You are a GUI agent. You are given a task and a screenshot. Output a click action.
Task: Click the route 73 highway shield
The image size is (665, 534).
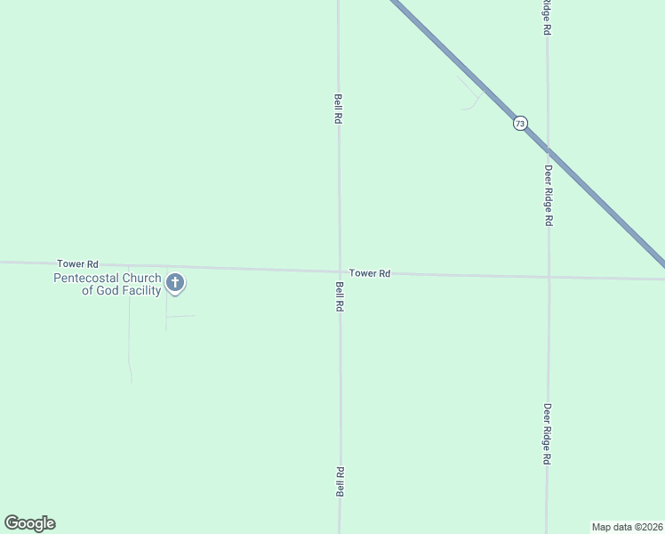click(x=520, y=123)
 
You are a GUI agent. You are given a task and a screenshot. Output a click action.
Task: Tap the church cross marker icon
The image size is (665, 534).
click(x=175, y=284)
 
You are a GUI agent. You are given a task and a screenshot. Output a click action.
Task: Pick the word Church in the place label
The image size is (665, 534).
click(x=142, y=278)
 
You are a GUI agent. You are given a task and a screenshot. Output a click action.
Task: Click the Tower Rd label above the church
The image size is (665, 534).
click(x=77, y=264)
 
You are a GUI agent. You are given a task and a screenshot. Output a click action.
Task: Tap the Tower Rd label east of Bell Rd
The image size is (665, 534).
click(x=370, y=273)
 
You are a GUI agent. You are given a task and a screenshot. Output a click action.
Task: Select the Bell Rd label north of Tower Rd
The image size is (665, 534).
click(x=338, y=109)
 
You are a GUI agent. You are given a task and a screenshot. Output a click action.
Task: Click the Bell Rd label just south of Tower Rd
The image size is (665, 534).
click(x=340, y=295)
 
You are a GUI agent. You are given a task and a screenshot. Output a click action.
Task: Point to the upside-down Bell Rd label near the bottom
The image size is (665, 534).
click(x=340, y=481)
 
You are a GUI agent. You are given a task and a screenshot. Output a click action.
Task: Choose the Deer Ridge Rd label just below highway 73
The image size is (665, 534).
click(x=549, y=196)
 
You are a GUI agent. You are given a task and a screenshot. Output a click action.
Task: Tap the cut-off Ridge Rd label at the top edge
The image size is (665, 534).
click(x=547, y=17)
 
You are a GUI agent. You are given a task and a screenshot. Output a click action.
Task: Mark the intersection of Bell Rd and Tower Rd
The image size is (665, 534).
click(x=339, y=271)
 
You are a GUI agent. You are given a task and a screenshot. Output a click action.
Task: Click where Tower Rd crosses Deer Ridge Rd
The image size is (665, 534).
click(x=549, y=277)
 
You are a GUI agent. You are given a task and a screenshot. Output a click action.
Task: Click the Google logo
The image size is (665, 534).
click(x=29, y=523)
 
